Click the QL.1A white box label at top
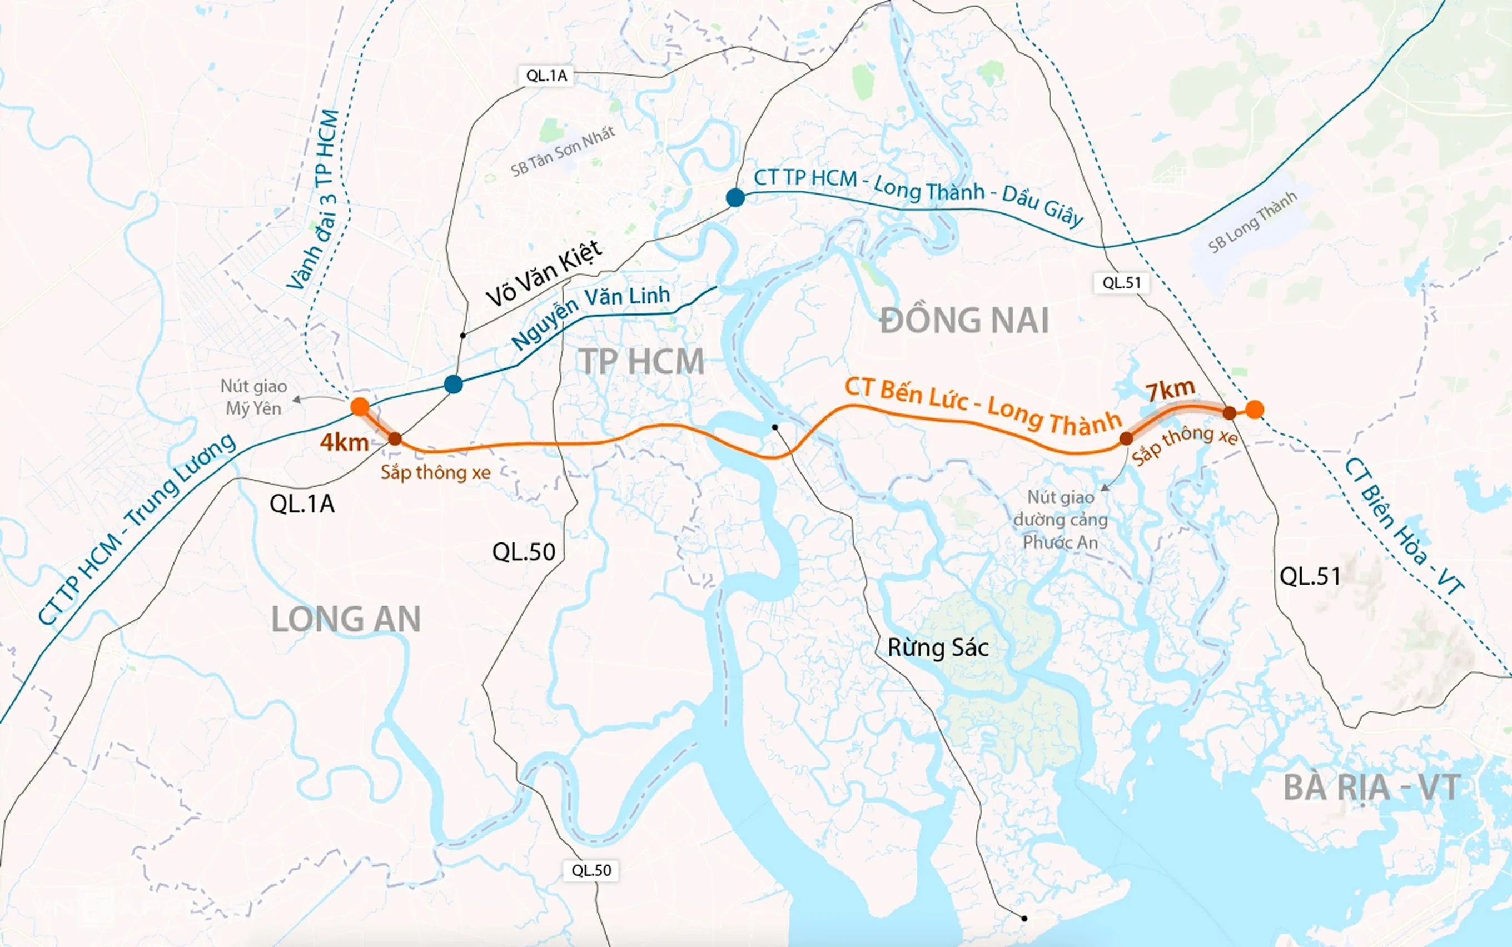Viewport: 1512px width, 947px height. click(x=546, y=76)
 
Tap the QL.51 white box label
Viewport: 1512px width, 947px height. click(x=1122, y=282)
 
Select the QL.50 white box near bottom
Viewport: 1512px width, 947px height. click(x=591, y=870)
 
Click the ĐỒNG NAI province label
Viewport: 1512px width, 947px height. click(x=964, y=321)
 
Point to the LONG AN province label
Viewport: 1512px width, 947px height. click(x=346, y=620)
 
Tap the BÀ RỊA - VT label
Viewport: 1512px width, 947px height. click(x=1372, y=787)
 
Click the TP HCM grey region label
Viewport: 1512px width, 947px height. click(x=641, y=362)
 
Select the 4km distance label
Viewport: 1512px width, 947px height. click(x=344, y=443)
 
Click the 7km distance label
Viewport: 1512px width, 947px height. click(x=1170, y=390)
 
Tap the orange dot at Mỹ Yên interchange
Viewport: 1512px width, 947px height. click(x=360, y=406)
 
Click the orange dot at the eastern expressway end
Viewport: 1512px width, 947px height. click(x=1254, y=410)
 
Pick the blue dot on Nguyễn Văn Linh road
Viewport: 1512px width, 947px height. click(x=454, y=384)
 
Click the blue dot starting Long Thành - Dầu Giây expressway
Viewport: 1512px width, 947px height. click(x=735, y=198)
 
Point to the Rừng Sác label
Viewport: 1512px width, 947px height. click(x=938, y=647)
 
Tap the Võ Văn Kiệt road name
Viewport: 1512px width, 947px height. click(x=544, y=273)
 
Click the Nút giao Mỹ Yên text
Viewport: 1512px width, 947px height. click(x=253, y=397)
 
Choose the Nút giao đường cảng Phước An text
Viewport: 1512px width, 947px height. click(x=1061, y=519)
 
